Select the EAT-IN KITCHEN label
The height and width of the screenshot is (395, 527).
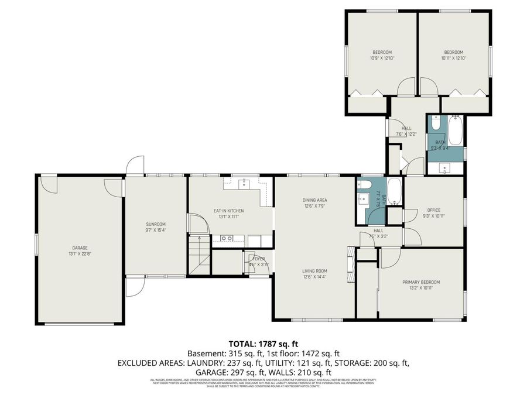(x=228, y=211)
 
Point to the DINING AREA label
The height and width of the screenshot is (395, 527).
(x=314, y=200)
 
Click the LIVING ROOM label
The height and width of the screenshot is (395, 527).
(x=314, y=271)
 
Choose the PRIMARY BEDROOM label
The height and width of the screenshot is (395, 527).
(x=420, y=282)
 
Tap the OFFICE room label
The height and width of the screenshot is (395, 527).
(x=434, y=210)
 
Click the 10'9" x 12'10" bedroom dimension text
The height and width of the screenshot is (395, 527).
(x=382, y=58)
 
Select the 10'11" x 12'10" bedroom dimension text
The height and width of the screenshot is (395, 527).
(x=454, y=58)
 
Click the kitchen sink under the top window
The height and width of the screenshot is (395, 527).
(x=245, y=183)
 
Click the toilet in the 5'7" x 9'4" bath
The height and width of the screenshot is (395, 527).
(x=436, y=123)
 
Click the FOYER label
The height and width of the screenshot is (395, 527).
(x=258, y=258)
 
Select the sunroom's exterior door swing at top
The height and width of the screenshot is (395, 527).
(x=136, y=166)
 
